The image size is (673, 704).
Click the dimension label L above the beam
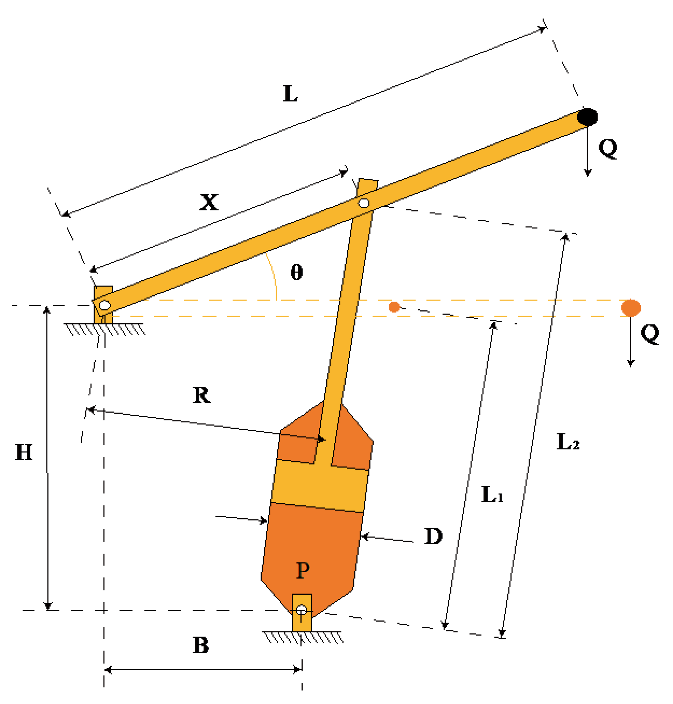point(290,94)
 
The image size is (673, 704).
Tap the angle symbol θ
point(296,272)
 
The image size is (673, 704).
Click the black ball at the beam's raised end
point(587,117)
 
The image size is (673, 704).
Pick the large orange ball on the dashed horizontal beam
point(631,308)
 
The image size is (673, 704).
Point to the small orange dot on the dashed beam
point(394,307)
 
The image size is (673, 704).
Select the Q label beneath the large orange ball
point(650,334)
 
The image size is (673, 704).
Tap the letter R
point(202,395)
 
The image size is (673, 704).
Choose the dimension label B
point(201,645)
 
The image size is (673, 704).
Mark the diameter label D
point(433,537)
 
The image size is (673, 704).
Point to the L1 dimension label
point(492,495)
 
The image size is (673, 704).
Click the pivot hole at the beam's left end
point(105,305)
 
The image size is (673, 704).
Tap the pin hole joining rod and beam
point(364,203)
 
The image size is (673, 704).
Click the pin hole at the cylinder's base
point(301,609)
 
